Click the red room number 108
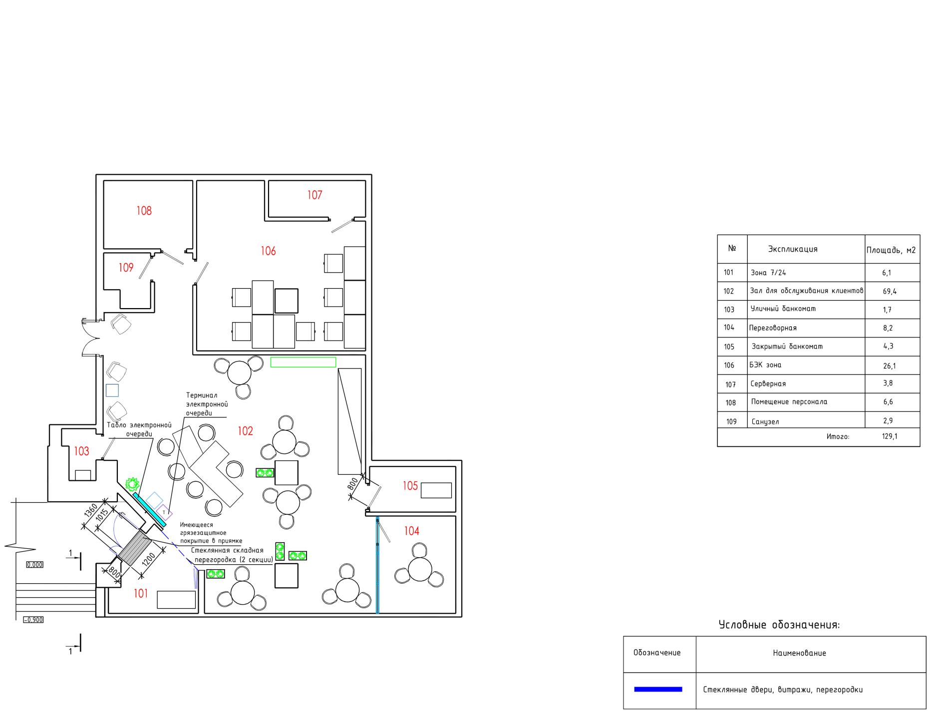144,211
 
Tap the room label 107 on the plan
314,195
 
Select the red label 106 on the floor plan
268,251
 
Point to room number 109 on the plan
126,268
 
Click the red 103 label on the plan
81,451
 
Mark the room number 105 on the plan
410,486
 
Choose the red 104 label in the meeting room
412,531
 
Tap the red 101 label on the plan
141,593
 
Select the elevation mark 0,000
34,565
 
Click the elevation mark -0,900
33,620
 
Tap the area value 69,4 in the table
890,292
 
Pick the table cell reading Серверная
768,384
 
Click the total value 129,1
890,436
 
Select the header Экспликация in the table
793,249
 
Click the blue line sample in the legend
658,690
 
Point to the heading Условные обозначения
779,625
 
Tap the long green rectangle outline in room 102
303,362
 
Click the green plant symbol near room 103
132,483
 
